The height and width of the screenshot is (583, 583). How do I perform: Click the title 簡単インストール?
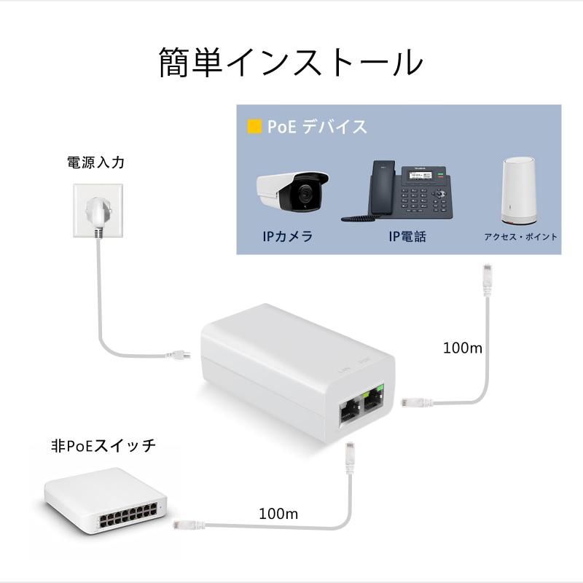291,63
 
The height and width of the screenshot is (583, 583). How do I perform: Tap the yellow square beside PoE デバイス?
254,127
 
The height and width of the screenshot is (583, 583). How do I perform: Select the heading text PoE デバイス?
316,127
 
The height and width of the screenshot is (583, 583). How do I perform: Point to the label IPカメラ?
289,237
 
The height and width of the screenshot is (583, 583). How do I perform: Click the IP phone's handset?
382,187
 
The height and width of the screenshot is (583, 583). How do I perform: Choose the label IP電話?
407,237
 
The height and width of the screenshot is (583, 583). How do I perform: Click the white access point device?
519,192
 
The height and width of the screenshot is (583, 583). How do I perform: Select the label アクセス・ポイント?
520,237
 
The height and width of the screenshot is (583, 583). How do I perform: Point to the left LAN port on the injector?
347,413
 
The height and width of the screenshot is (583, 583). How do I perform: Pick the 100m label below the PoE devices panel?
463,348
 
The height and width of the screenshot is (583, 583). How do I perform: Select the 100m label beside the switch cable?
278,513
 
